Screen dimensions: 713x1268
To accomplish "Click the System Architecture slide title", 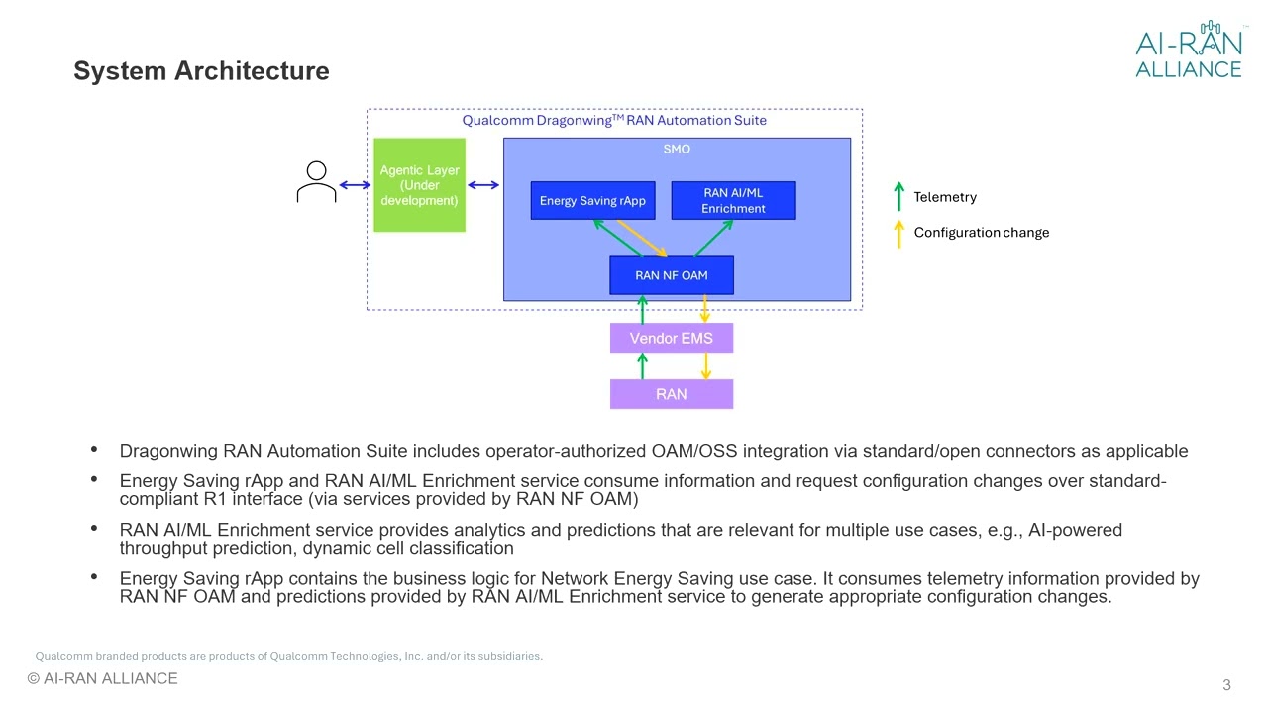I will tap(201, 71).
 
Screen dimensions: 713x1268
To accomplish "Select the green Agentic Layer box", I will tap(419, 185).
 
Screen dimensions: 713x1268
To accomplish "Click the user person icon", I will tap(316, 183).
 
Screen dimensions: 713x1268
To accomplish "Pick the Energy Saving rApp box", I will tap(592, 201).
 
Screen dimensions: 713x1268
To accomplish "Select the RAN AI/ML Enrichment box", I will tap(733, 201).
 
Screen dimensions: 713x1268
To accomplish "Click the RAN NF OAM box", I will tap(671, 275).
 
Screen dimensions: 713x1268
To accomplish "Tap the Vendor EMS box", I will tap(671, 338).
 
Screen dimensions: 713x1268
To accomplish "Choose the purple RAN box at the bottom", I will tap(671, 394).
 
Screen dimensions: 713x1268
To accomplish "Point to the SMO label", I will tap(677, 150).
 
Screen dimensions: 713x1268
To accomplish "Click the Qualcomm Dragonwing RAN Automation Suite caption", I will tap(614, 121).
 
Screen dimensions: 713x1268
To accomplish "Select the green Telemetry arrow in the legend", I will tap(898, 196).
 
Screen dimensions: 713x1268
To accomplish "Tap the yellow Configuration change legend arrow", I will tap(898, 233).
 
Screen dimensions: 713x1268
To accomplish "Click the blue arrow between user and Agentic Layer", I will tap(355, 185).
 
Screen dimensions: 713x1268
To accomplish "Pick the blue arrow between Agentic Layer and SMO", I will tap(483, 185).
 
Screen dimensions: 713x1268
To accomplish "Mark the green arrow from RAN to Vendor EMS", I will tap(642, 366).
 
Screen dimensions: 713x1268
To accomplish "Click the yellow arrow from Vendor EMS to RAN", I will tap(705, 366).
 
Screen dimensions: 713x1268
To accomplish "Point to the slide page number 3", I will tap(1226, 685).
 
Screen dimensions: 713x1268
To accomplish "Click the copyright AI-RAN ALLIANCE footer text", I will tap(102, 679).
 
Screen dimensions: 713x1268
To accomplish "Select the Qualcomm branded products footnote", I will tap(288, 656).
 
